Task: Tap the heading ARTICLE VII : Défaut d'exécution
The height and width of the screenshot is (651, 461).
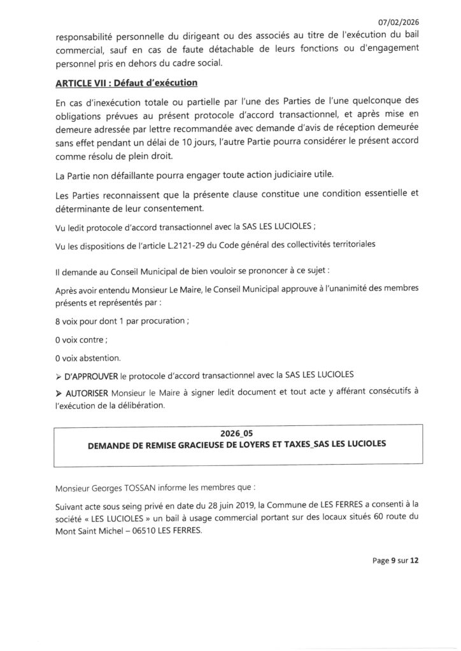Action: point(126,83)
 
